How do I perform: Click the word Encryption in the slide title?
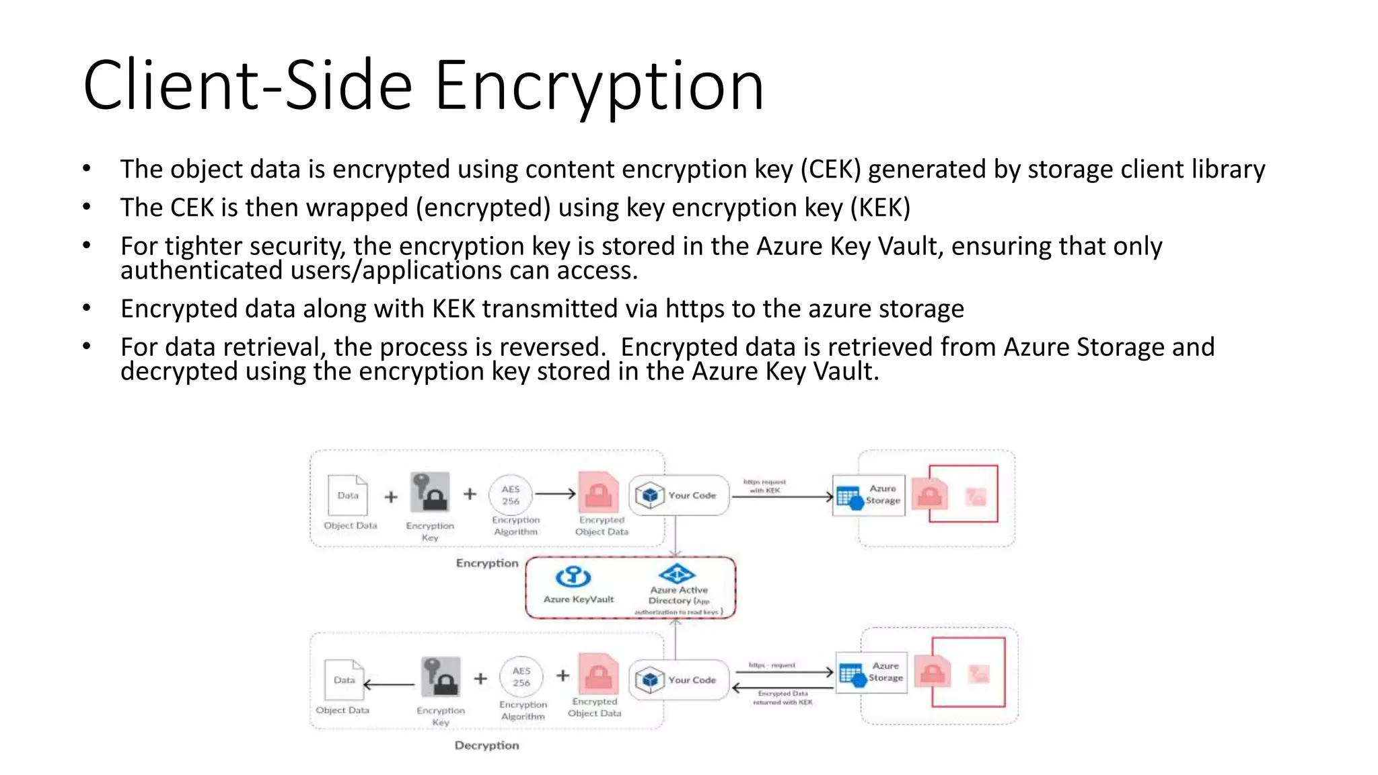599,86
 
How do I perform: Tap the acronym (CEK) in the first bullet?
830,170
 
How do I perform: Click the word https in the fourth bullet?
694,309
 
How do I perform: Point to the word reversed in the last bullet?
552,347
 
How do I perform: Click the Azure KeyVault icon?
573,577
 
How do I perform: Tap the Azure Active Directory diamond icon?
677,574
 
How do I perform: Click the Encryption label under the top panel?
487,563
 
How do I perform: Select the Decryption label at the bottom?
486,745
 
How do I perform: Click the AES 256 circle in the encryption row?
511,495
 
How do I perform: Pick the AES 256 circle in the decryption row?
521,677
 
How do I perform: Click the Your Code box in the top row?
678,495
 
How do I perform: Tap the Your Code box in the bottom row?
678,680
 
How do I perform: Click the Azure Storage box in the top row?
869,495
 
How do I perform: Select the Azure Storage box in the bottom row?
871,672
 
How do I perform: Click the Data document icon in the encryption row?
348,494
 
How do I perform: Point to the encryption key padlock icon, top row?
430,492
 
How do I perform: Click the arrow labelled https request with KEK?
782,496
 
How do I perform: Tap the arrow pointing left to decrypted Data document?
389,685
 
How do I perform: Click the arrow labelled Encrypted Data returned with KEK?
782,688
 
